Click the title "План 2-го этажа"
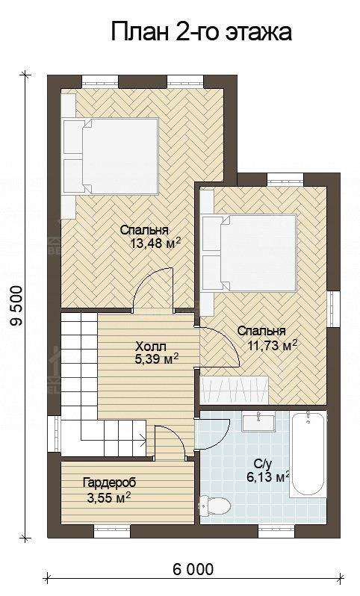tap(202, 32)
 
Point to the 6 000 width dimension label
tap(193, 569)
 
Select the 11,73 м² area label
tap(272, 345)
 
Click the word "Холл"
tap(151, 347)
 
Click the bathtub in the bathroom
tap(308, 454)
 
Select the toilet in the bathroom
tap(216, 506)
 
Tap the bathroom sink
tap(259, 422)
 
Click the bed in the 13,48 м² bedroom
tap(111, 157)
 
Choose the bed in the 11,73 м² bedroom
tap(249, 253)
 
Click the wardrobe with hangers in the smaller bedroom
tap(235, 391)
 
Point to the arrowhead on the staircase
tap(143, 441)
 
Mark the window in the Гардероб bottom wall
tap(112, 531)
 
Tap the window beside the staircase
tap(54, 434)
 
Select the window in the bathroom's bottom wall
tap(277, 531)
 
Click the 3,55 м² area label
tap(110, 497)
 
